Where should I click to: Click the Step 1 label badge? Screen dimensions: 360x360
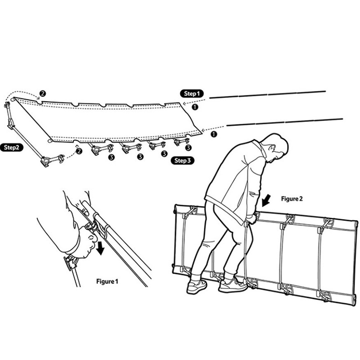tap(192, 94)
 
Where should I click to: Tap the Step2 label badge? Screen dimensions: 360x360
tap(12, 147)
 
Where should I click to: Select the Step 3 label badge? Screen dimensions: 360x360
tap(183, 161)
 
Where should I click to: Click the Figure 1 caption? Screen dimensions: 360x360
tap(107, 281)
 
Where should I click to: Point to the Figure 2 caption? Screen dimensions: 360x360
tap(292, 198)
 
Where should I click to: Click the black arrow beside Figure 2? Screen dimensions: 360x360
tap(266, 200)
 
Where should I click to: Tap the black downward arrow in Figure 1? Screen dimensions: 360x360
tap(100, 248)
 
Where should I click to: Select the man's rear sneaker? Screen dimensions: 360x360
tap(197, 286)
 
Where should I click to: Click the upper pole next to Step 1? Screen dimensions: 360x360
tap(267, 94)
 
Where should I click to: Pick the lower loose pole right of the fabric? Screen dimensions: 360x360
tap(285, 122)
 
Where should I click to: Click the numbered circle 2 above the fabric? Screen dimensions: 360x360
tap(42, 94)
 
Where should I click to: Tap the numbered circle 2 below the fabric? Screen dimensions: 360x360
tap(79, 151)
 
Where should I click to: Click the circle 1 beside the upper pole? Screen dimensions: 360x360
tap(195, 107)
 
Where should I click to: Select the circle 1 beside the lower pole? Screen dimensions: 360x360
tap(214, 134)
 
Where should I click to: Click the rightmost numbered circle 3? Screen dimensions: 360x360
tap(188, 148)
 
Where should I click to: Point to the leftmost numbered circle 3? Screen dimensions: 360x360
tap(111, 157)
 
